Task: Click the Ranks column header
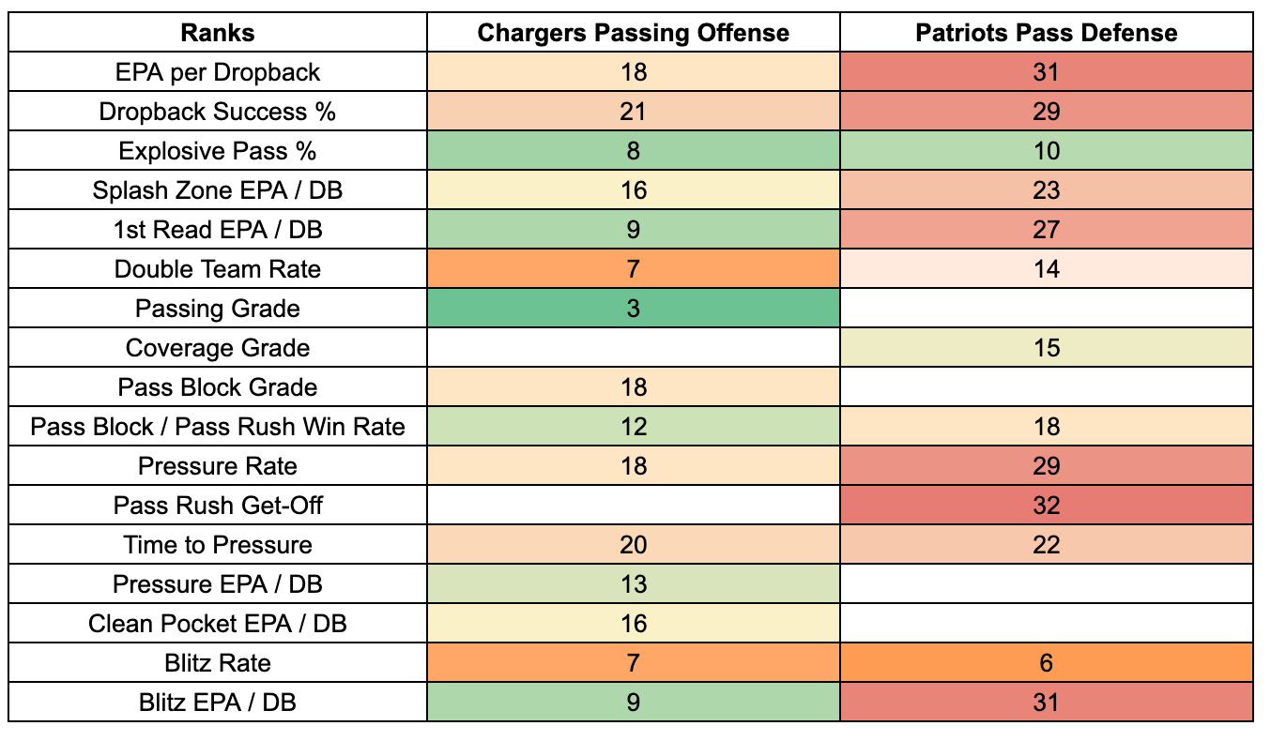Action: (x=218, y=33)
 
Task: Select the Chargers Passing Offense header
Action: (x=634, y=33)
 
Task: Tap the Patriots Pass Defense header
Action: (x=1047, y=33)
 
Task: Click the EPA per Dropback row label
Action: (x=218, y=72)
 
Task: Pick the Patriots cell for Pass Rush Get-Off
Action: (x=1047, y=505)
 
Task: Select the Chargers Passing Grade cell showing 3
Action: (x=634, y=308)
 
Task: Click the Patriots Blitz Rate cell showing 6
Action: (x=1047, y=662)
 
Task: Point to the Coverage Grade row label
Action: (x=218, y=348)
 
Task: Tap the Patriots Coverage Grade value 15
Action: (x=1047, y=348)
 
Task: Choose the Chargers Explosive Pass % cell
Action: (x=634, y=150)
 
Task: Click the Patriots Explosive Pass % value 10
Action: (x=1047, y=151)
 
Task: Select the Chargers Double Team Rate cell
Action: (x=634, y=269)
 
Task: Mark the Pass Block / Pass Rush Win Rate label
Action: (x=218, y=427)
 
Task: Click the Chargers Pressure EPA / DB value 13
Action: (x=634, y=584)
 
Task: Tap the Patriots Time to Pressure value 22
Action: (x=1047, y=545)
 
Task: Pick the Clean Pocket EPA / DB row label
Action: (x=218, y=623)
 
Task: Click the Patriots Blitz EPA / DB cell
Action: (x=1047, y=702)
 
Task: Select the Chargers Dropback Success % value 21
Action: (x=634, y=111)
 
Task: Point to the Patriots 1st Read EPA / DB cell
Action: (x=1047, y=229)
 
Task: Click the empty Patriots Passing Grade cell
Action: (x=1047, y=308)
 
